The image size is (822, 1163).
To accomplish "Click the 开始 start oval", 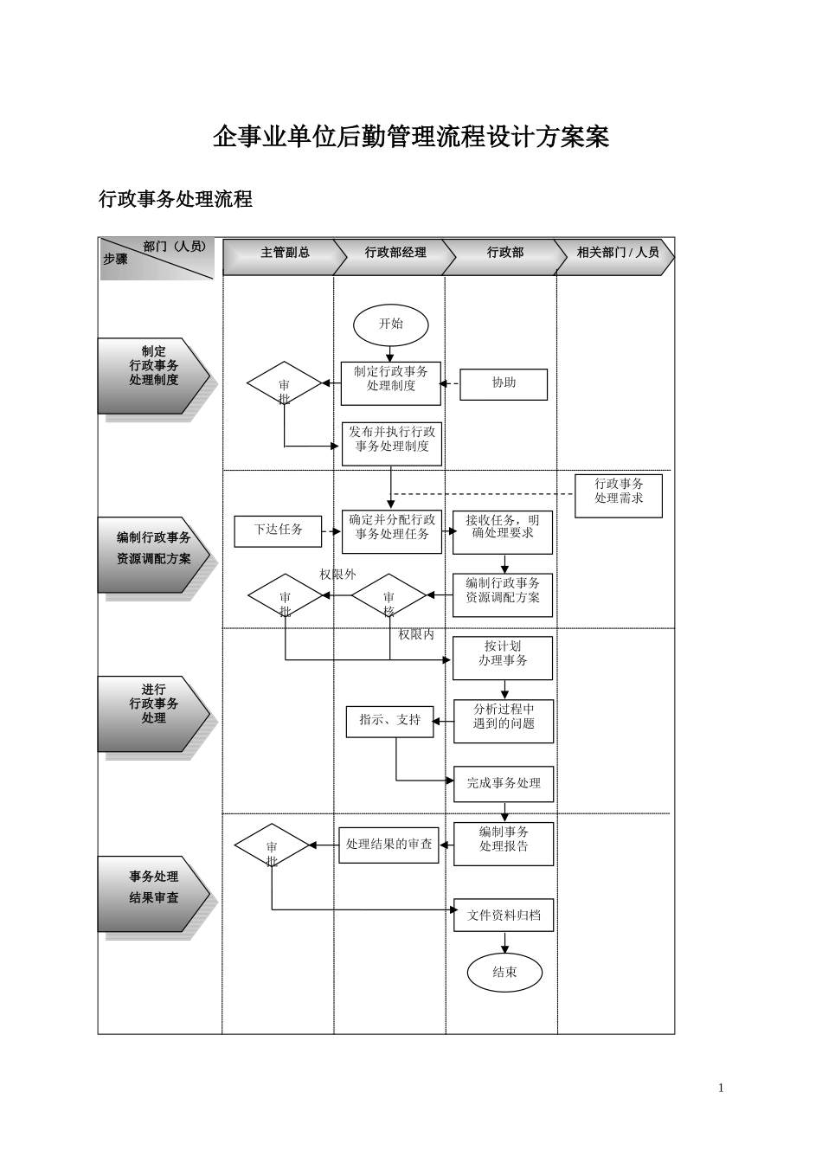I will (x=390, y=324).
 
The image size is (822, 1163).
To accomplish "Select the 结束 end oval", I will (x=504, y=972).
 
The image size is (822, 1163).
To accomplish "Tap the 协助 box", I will (x=504, y=383).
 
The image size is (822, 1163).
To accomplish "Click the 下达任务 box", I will (x=278, y=530).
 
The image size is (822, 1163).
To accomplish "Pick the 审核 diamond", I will (x=389, y=597).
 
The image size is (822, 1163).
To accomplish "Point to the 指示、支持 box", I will (x=389, y=721).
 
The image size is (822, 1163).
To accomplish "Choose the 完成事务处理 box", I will (x=504, y=784).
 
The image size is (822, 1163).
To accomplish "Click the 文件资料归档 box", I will (x=504, y=916).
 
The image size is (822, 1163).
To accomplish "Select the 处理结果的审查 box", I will (x=389, y=845).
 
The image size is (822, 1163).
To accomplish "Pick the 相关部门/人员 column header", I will (x=616, y=254).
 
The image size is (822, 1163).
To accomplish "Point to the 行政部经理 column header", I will (x=394, y=254).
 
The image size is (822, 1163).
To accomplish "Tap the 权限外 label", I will (x=337, y=575).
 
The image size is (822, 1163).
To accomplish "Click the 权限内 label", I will (x=416, y=635).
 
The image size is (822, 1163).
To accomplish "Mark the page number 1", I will (x=721, y=1088).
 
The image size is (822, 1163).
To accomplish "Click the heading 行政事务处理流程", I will (x=176, y=200).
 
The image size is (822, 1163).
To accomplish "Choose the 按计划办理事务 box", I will (x=503, y=654).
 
